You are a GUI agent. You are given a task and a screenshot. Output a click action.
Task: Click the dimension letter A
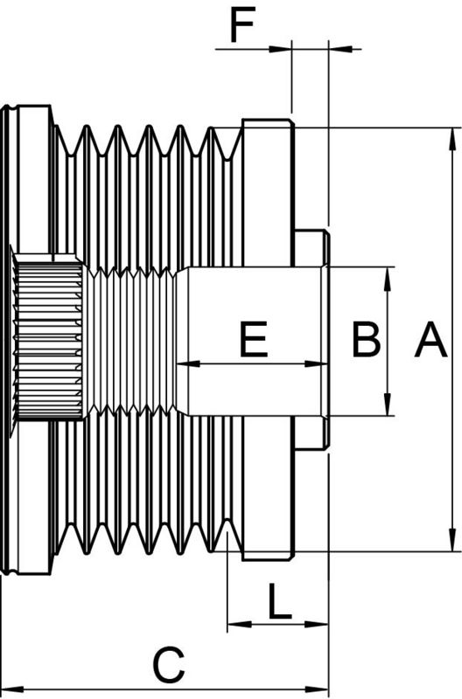[x=430, y=340]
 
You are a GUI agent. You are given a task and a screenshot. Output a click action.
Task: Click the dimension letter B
[x=367, y=340]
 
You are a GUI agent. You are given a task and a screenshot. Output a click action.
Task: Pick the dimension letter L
[x=279, y=602]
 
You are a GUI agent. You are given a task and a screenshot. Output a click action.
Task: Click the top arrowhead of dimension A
[x=453, y=134]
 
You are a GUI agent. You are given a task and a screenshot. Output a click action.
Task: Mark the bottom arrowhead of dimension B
[x=388, y=409]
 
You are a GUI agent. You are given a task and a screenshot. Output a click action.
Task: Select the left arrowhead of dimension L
[x=233, y=625]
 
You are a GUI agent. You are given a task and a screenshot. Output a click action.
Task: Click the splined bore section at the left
[x=49, y=336]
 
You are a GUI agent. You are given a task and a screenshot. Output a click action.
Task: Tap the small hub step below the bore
[x=311, y=433]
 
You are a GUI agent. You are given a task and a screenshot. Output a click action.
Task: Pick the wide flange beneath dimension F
[x=268, y=192]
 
